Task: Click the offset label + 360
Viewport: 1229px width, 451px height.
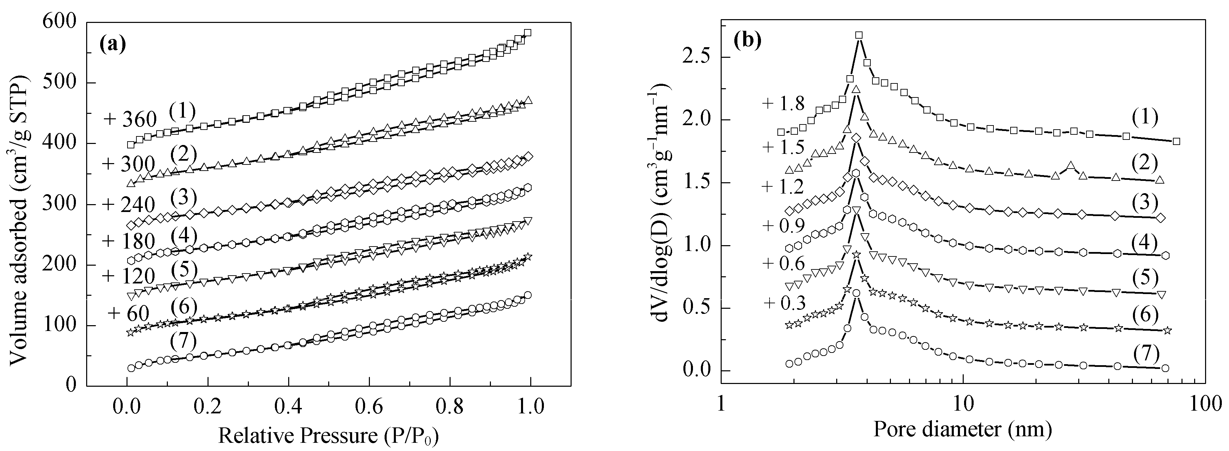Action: pos(130,119)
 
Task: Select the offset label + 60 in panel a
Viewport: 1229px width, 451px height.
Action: pos(129,313)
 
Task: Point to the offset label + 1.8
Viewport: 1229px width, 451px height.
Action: pos(784,104)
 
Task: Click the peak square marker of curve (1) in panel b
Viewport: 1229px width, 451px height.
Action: pos(859,35)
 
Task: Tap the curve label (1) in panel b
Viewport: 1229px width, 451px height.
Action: pos(1144,117)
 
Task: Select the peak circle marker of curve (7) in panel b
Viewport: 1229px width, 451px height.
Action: pos(856,293)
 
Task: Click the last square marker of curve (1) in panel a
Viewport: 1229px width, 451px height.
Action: pos(527,33)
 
